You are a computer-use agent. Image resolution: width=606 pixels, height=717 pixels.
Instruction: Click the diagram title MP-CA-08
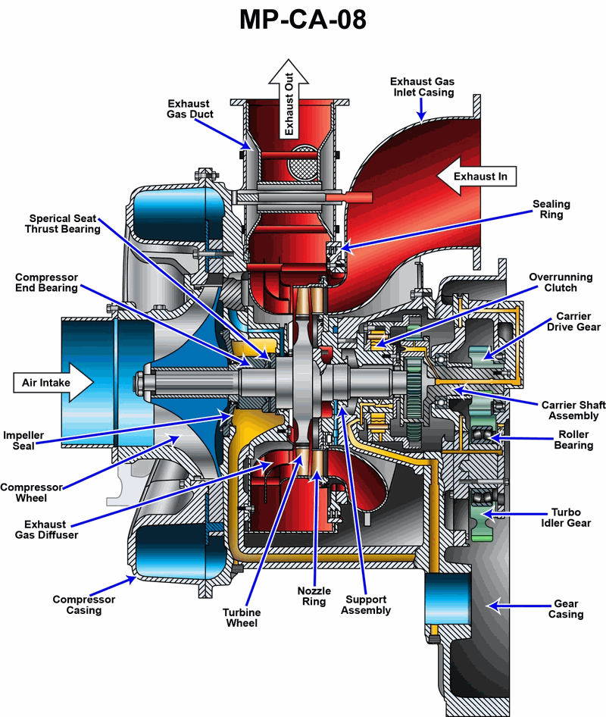point(303,20)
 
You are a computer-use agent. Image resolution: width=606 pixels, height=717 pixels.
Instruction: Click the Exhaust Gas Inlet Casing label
point(422,86)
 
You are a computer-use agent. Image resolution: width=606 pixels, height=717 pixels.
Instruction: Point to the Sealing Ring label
point(551,209)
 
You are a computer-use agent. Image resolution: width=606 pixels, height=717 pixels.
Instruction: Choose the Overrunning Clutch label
point(561,283)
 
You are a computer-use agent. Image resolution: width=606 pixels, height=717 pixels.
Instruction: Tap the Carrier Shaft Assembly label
point(570,410)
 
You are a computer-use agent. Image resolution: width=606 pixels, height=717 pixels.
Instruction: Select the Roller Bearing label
point(573,440)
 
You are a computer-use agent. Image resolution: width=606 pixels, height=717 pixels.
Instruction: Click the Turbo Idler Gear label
point(570,518)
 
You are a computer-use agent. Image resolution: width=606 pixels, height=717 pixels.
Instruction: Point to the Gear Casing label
point(566,609)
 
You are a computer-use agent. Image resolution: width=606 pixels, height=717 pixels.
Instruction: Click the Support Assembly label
point(367,605)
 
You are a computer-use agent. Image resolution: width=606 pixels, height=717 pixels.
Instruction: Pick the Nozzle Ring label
point(313,596)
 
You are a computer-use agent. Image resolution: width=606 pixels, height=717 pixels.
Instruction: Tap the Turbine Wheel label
point(242,618)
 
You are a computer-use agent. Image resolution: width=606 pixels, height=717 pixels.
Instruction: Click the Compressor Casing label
point(84,605)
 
